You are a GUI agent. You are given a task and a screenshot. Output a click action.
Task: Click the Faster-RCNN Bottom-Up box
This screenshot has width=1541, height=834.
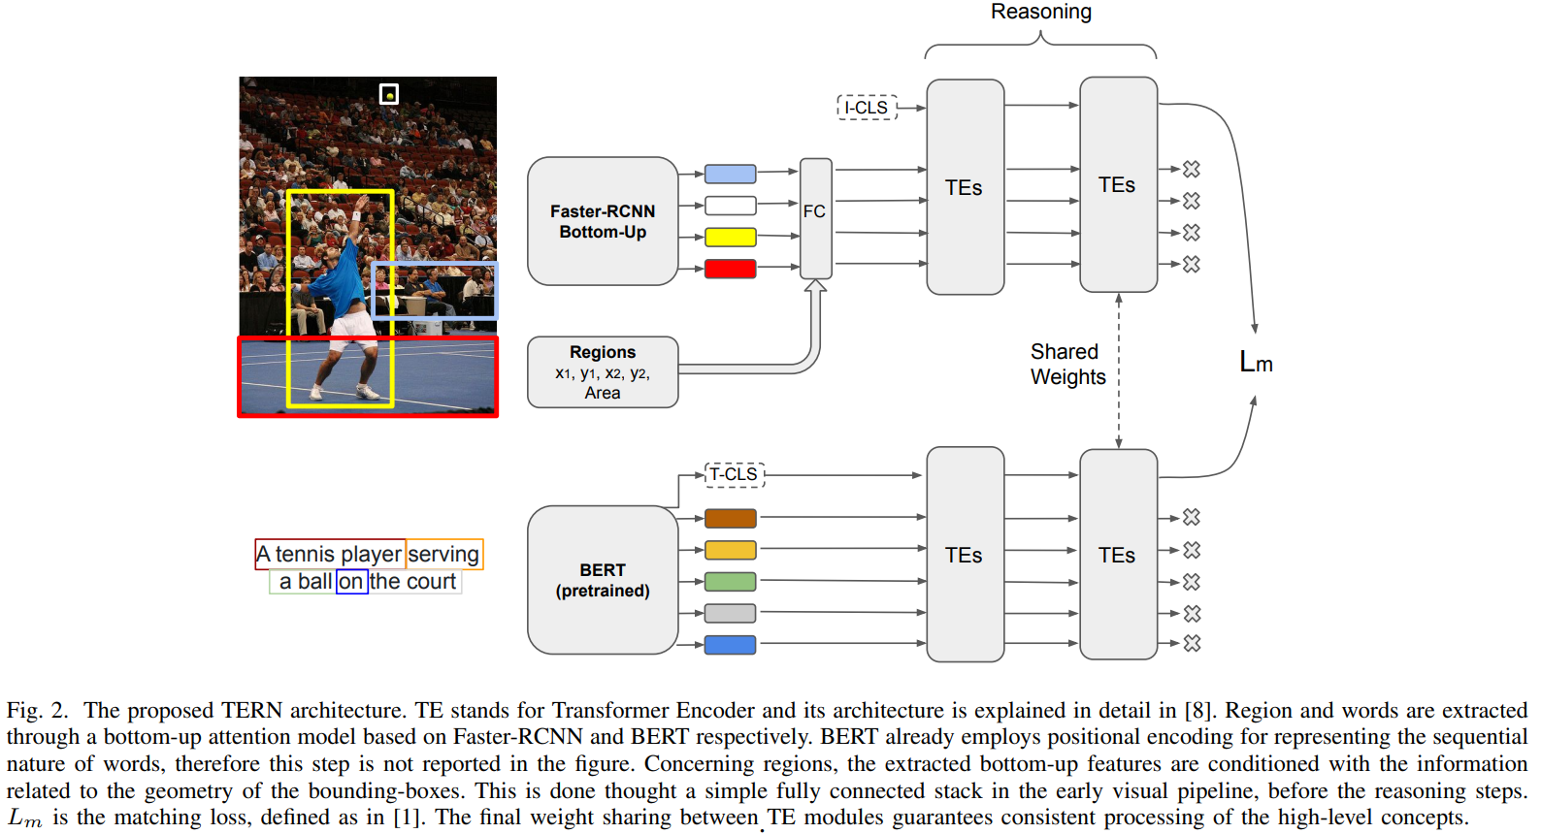602,221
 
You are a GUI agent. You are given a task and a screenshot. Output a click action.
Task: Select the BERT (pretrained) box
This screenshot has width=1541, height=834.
602,580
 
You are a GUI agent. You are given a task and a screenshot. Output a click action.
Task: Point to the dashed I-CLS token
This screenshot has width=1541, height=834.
867,108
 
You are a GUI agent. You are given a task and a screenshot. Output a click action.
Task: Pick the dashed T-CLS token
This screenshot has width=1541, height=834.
734,474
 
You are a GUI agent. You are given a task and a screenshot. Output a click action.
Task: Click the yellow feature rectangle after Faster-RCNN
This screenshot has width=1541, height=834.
730,238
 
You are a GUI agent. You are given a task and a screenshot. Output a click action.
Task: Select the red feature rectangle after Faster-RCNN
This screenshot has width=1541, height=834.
730,269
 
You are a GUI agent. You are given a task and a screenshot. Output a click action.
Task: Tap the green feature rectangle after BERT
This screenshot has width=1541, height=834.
730,582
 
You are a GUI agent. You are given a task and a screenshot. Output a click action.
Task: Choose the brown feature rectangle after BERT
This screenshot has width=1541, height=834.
730,519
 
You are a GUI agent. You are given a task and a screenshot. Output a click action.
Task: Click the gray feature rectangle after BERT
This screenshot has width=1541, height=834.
730,613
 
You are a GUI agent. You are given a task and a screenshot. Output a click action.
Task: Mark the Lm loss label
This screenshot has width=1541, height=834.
1256,363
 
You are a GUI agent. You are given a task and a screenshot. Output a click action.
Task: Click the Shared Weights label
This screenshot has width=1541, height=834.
1067,365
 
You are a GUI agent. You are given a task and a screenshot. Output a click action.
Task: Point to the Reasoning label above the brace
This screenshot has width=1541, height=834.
1040,12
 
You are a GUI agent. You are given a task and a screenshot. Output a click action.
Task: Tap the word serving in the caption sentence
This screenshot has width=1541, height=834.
443,554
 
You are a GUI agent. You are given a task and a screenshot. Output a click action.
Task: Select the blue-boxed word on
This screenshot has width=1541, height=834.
351,582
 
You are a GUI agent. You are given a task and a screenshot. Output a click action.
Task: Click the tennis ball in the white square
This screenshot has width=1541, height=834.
389,95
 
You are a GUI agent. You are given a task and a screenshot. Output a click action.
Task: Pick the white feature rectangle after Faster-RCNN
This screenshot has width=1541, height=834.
730,206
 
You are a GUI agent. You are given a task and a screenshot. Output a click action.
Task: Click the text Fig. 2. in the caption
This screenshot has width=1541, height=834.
37,710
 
